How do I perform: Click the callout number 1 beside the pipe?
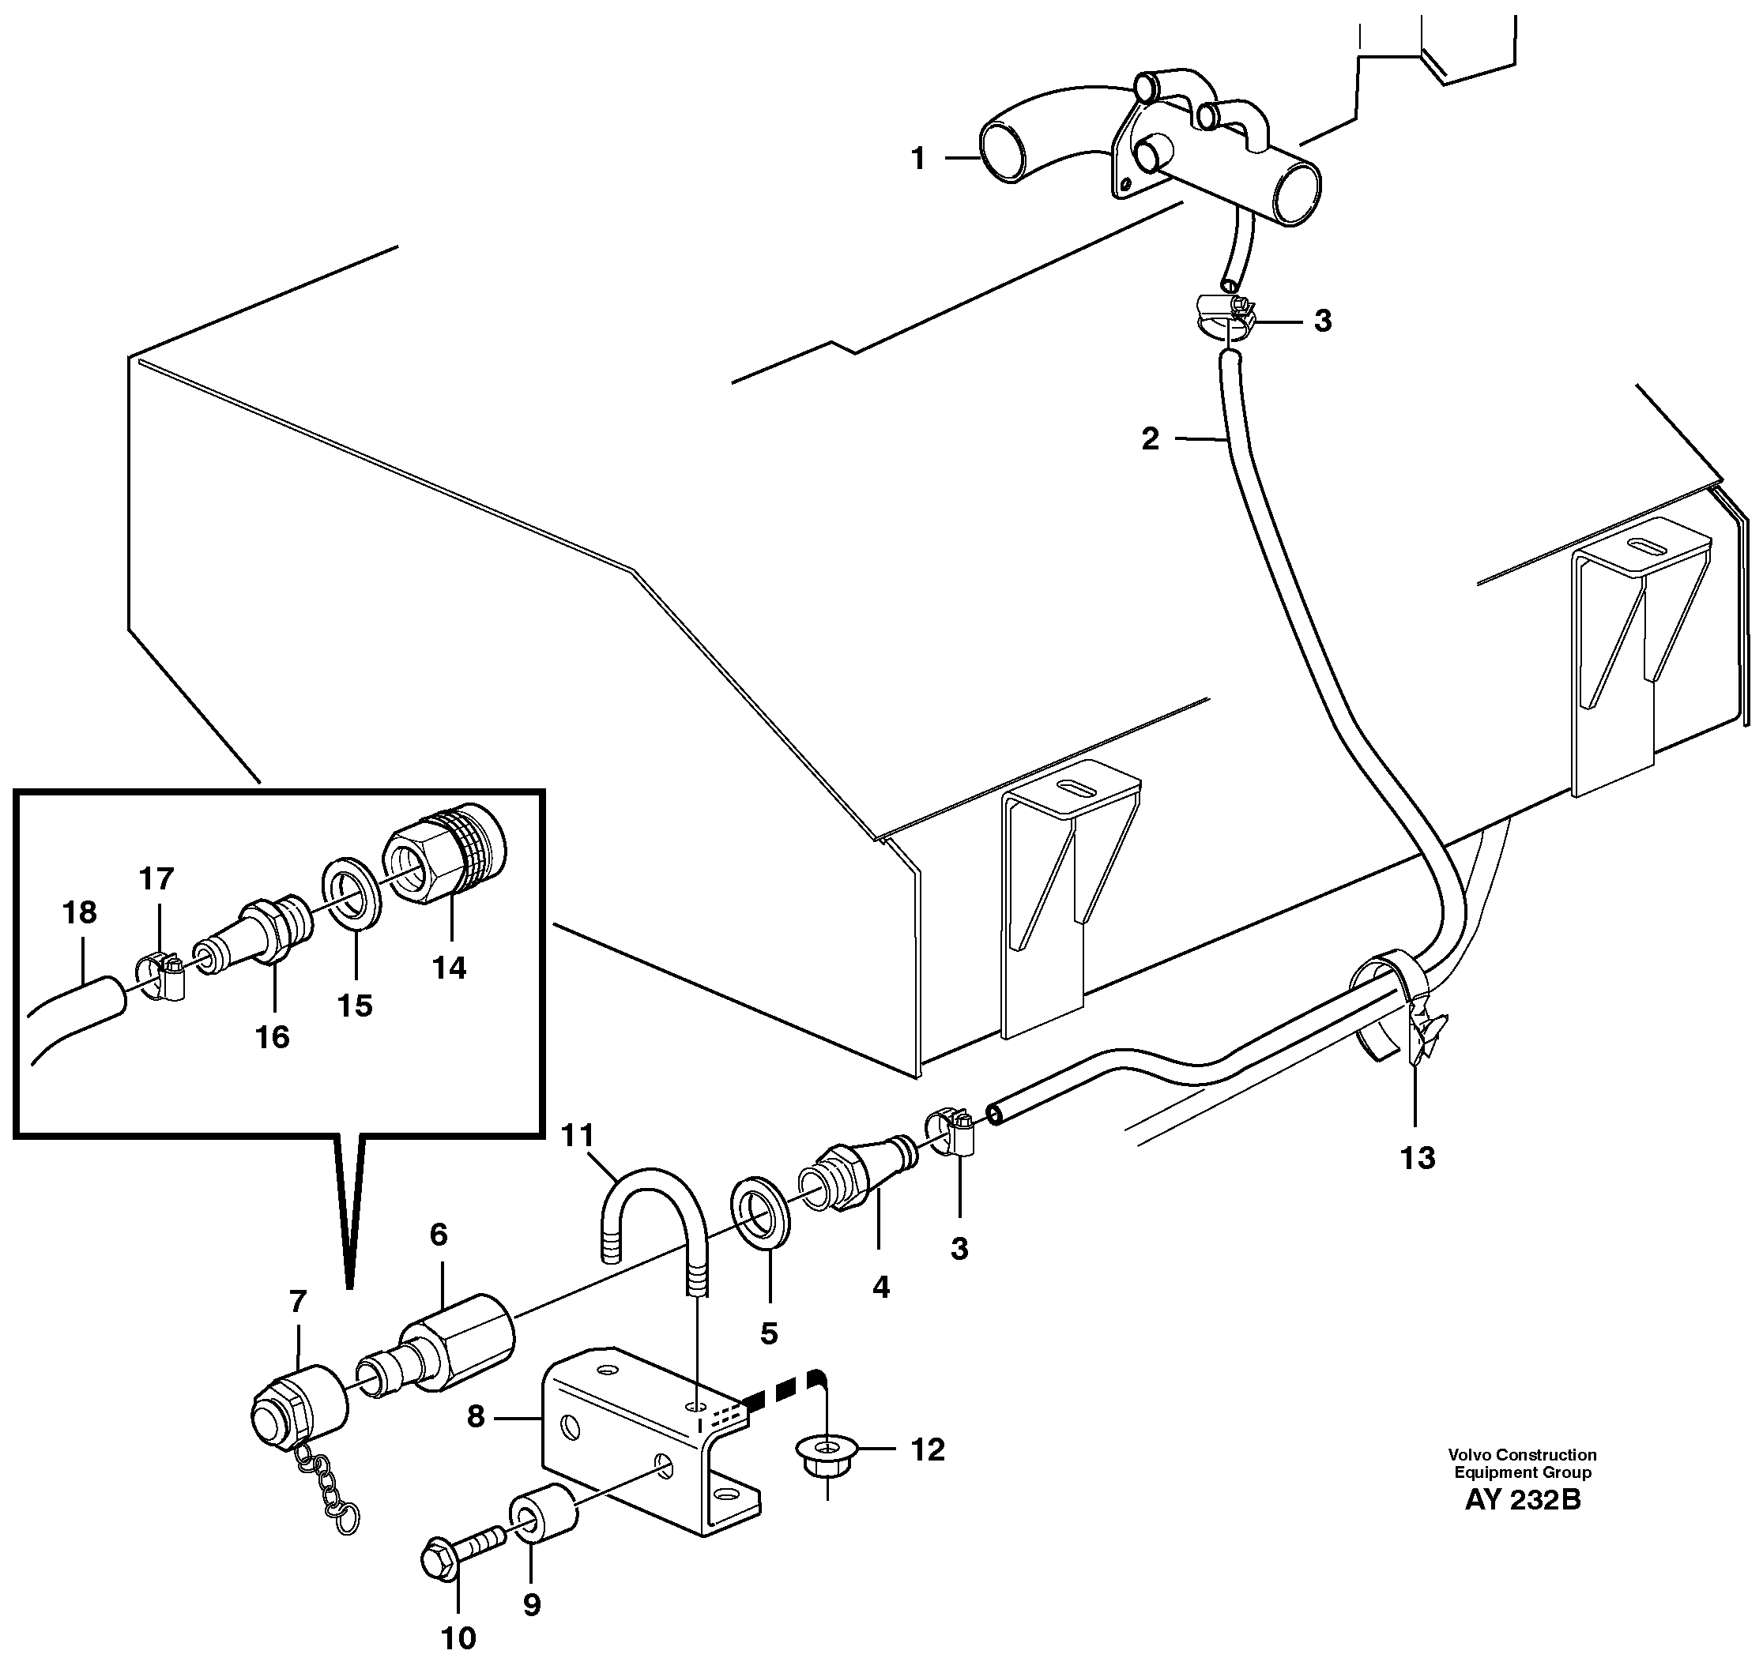[918, 159]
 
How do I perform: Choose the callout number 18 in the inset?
[80, 912]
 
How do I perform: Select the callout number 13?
[1417, 1157]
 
